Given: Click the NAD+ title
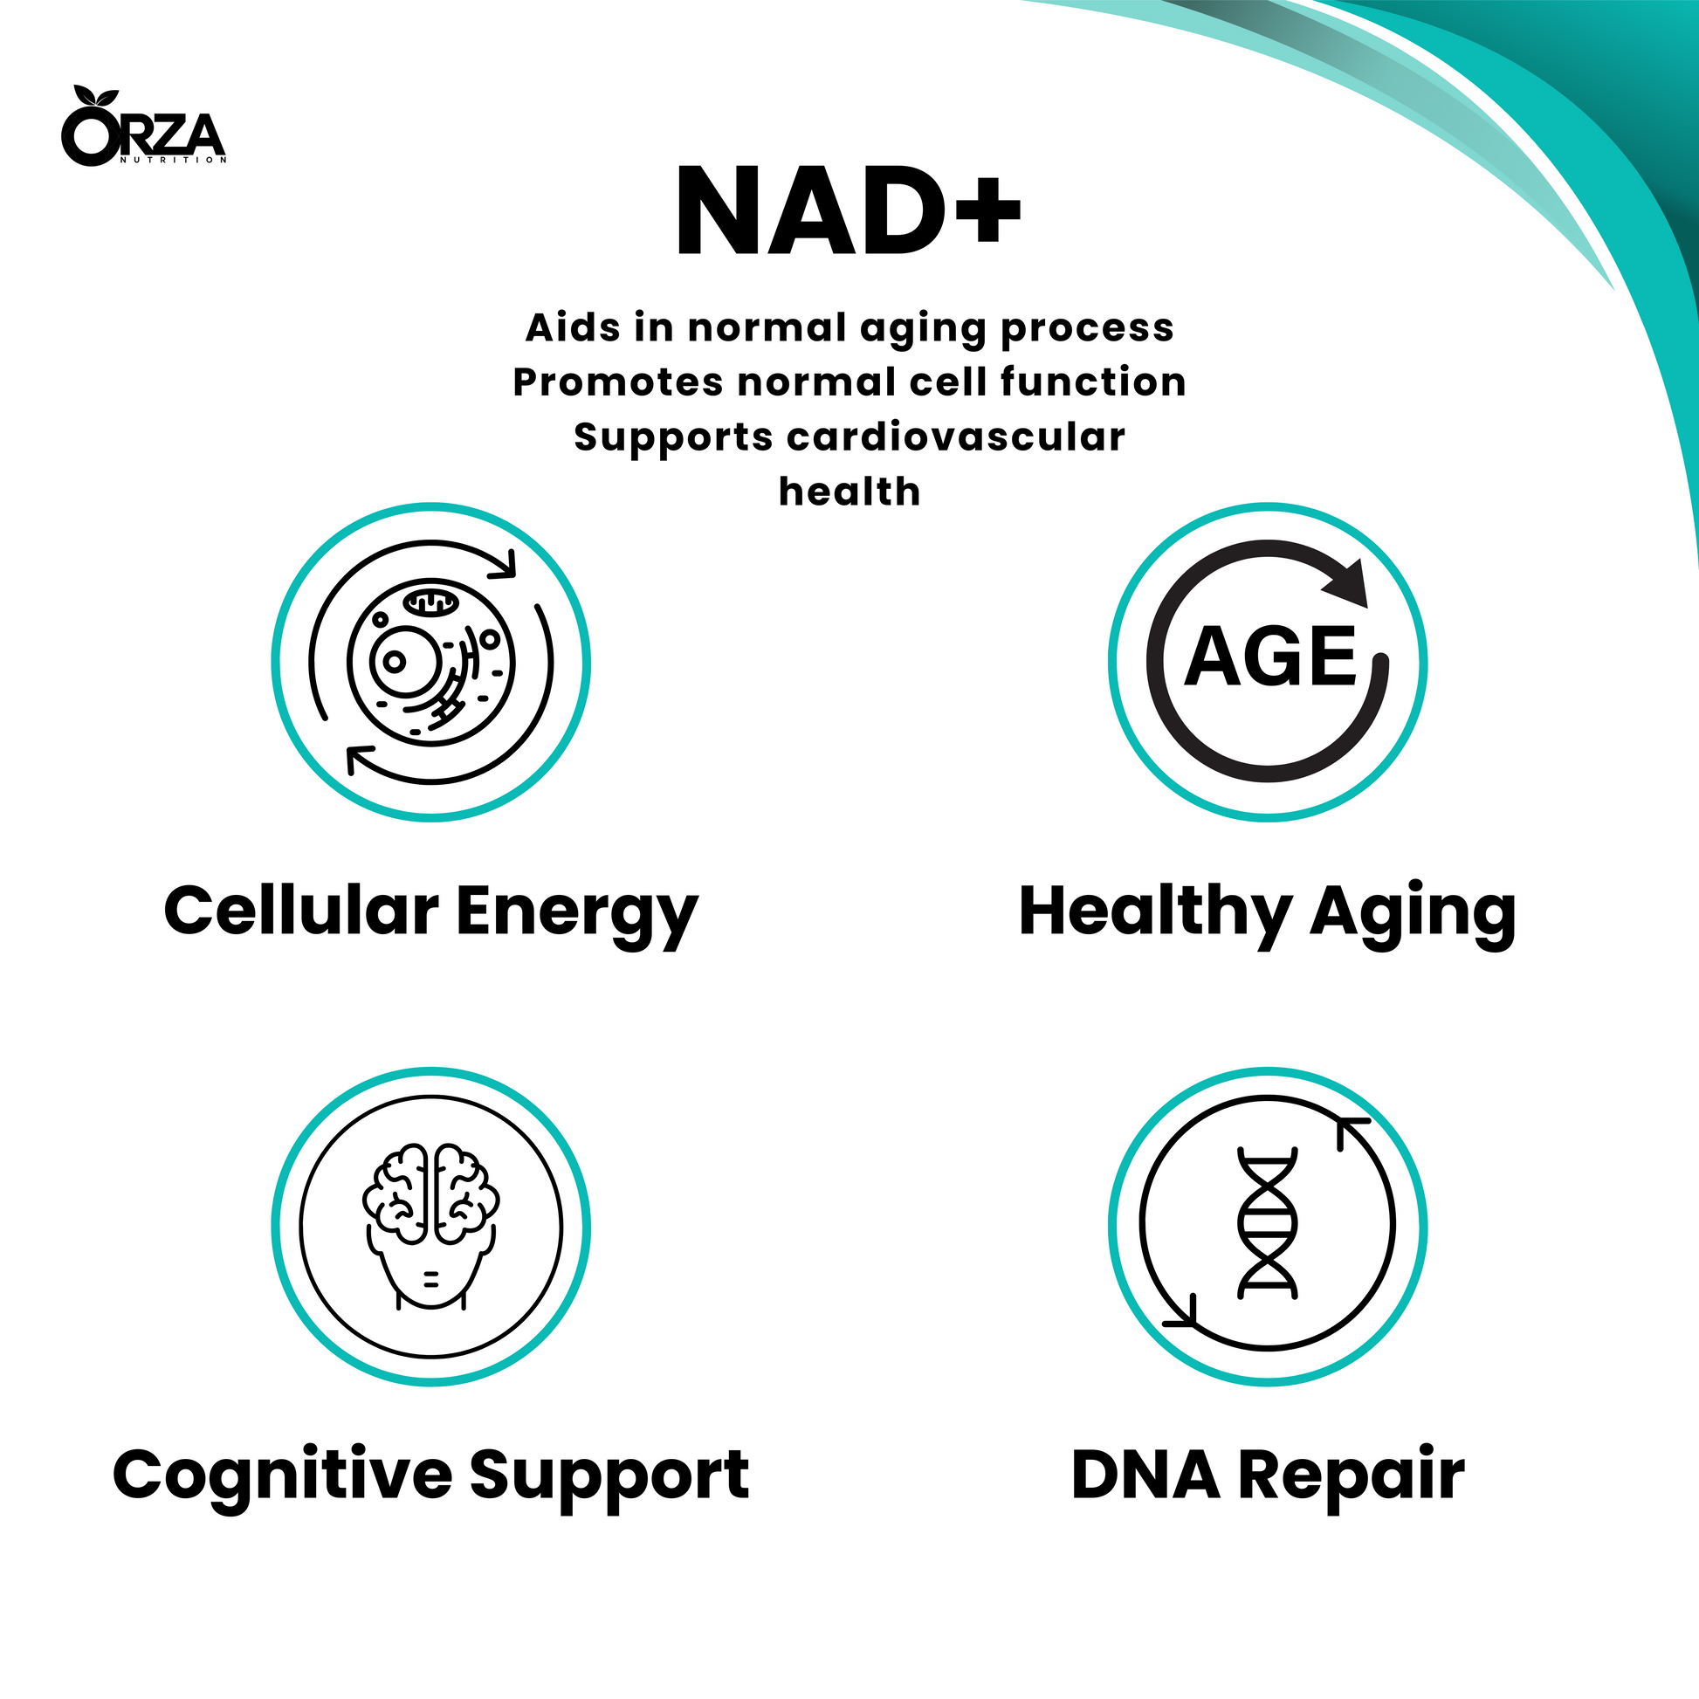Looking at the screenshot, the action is [x=849, y=212].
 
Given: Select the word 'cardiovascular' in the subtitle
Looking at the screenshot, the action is [x=956, y=437].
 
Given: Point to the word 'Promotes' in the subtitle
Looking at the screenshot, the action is [x=618, y=382].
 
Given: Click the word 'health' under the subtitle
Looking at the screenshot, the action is [x=849, y=492].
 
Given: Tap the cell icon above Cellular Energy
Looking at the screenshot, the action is [x=431, y=662].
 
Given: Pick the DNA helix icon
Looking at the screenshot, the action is [x=1267, y=1223].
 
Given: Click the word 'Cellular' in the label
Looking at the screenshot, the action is [x=300, y=911].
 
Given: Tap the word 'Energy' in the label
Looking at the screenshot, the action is [x=577, y=917].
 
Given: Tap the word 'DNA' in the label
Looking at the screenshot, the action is [x=1145, y=1474].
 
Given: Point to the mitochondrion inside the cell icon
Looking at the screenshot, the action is [x=431, y=602].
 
